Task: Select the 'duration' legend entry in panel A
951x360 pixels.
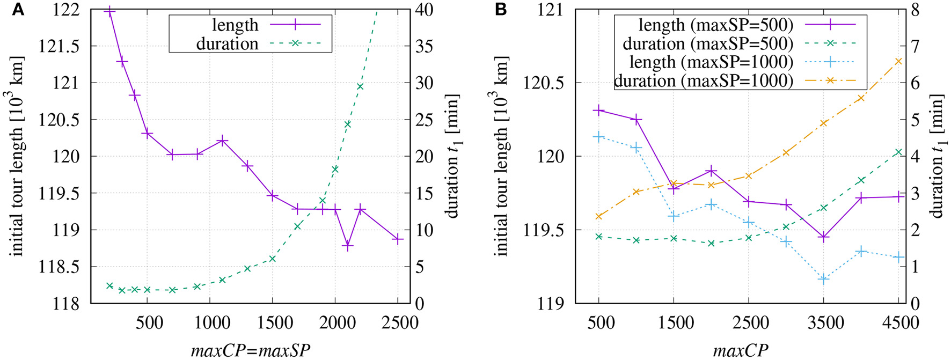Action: [227, 43]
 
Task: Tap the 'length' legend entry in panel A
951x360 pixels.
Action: [235, 25]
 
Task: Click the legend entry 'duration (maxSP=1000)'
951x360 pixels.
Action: [703, 80]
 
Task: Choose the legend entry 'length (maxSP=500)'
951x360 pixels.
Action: [715, 25]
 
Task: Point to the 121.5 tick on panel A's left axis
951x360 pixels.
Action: [58, 47]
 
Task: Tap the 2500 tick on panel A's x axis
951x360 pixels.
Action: [397, 322]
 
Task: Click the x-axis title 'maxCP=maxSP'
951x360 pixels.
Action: [250, 351]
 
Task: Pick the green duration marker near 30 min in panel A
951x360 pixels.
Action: [360, 86]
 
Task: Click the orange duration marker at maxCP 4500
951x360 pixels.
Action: [899, 61]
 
